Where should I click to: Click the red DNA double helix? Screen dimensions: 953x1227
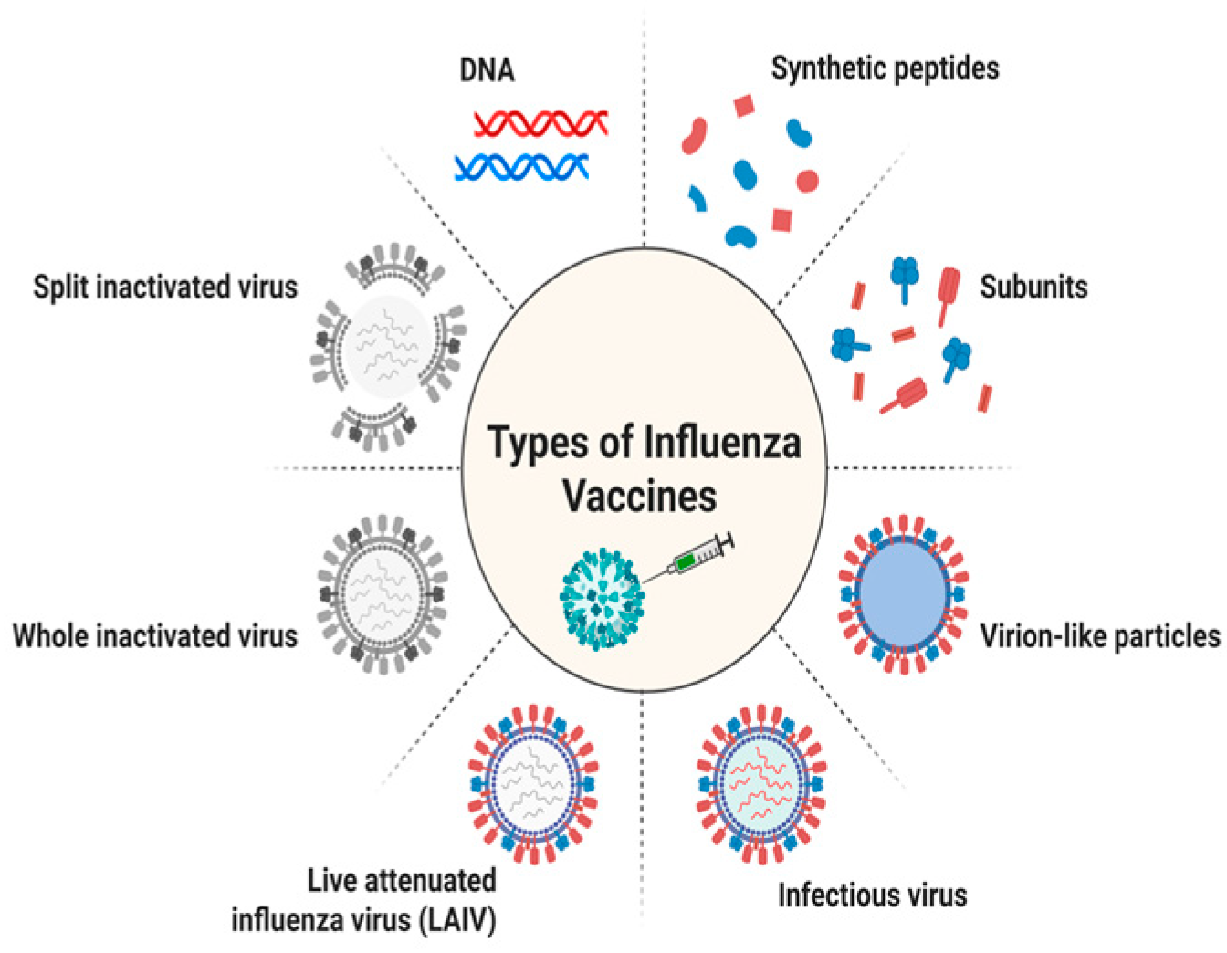(x=541, y=123)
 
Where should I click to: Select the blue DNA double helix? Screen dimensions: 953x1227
(x=521, y=166)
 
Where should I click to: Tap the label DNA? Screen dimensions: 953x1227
(x=487, y=70)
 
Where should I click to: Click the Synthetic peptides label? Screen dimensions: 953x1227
(x=885, y=68)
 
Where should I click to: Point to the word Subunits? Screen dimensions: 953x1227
(x=1033, y=287)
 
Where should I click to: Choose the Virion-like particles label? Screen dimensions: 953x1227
(x=1099, y=636)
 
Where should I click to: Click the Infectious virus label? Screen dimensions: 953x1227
(x=872, y=895)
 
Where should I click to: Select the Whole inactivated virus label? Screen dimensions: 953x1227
(x=155, y=635)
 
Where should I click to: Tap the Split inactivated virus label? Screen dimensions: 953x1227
(x=165, y=287)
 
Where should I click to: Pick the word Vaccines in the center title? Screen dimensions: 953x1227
(x=639, y=497)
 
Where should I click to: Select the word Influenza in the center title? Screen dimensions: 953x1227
(x=722, y=443)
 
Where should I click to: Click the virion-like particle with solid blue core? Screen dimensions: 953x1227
(x=903, y=594)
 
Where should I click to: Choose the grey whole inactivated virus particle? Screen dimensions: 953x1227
(x=383, y=594)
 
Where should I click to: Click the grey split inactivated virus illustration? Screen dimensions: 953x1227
(x=389, y=347)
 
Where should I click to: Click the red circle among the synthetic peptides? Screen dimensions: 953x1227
(x=807, y=181)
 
